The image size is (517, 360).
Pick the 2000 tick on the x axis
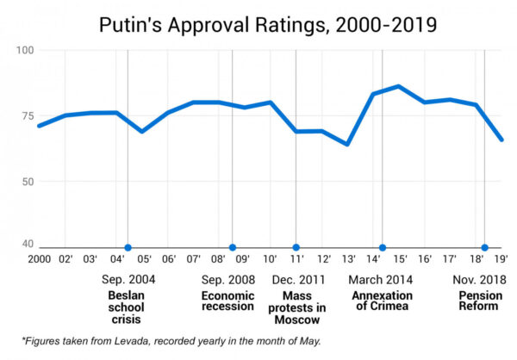tap(39, 259)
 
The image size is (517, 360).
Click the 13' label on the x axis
tap(349, 259)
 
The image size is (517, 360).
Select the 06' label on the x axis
tap(169, 259)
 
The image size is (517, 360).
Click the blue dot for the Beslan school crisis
tap(128, 248)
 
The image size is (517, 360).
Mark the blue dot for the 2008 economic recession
tap(232, 248)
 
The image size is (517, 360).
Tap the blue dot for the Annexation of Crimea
tap(383, 248)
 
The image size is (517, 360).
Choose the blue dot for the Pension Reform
tap(484, 248)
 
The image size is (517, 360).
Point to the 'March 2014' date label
tap(380, 280)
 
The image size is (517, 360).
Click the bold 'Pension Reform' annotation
tap(479, 300)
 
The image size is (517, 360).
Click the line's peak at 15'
tap(399, 86)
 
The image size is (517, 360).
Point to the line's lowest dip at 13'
tap(348, 144)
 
